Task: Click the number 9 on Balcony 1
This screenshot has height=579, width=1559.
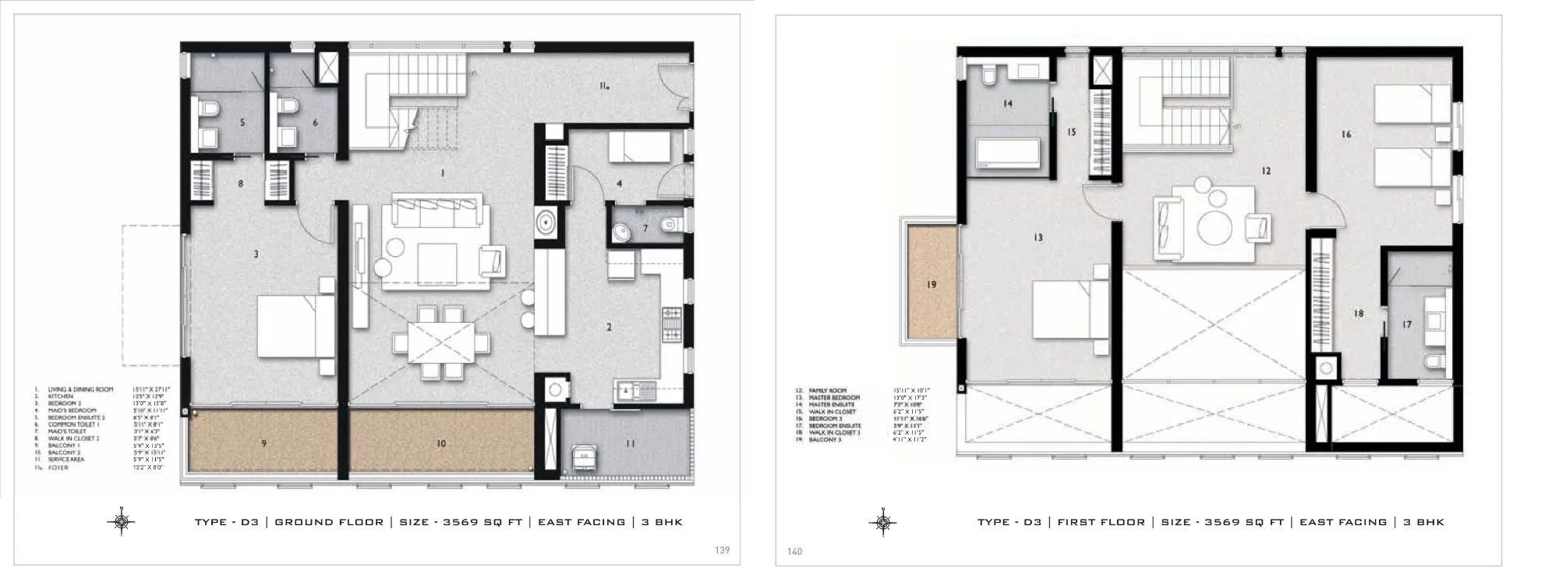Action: (264, 443)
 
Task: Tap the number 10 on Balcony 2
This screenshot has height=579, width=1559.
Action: (441, 443)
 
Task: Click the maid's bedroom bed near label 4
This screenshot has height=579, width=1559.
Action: (638, 146)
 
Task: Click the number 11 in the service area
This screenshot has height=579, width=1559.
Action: (630, 443)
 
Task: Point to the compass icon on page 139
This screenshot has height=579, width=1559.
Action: (122, 522)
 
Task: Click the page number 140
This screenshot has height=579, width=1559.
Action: (794, 552)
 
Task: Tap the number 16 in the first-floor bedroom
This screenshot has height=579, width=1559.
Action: (1346, 134)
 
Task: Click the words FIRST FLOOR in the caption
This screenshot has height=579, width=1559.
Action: (1101, 522)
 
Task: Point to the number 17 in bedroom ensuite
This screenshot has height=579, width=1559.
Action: (1406, 325)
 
